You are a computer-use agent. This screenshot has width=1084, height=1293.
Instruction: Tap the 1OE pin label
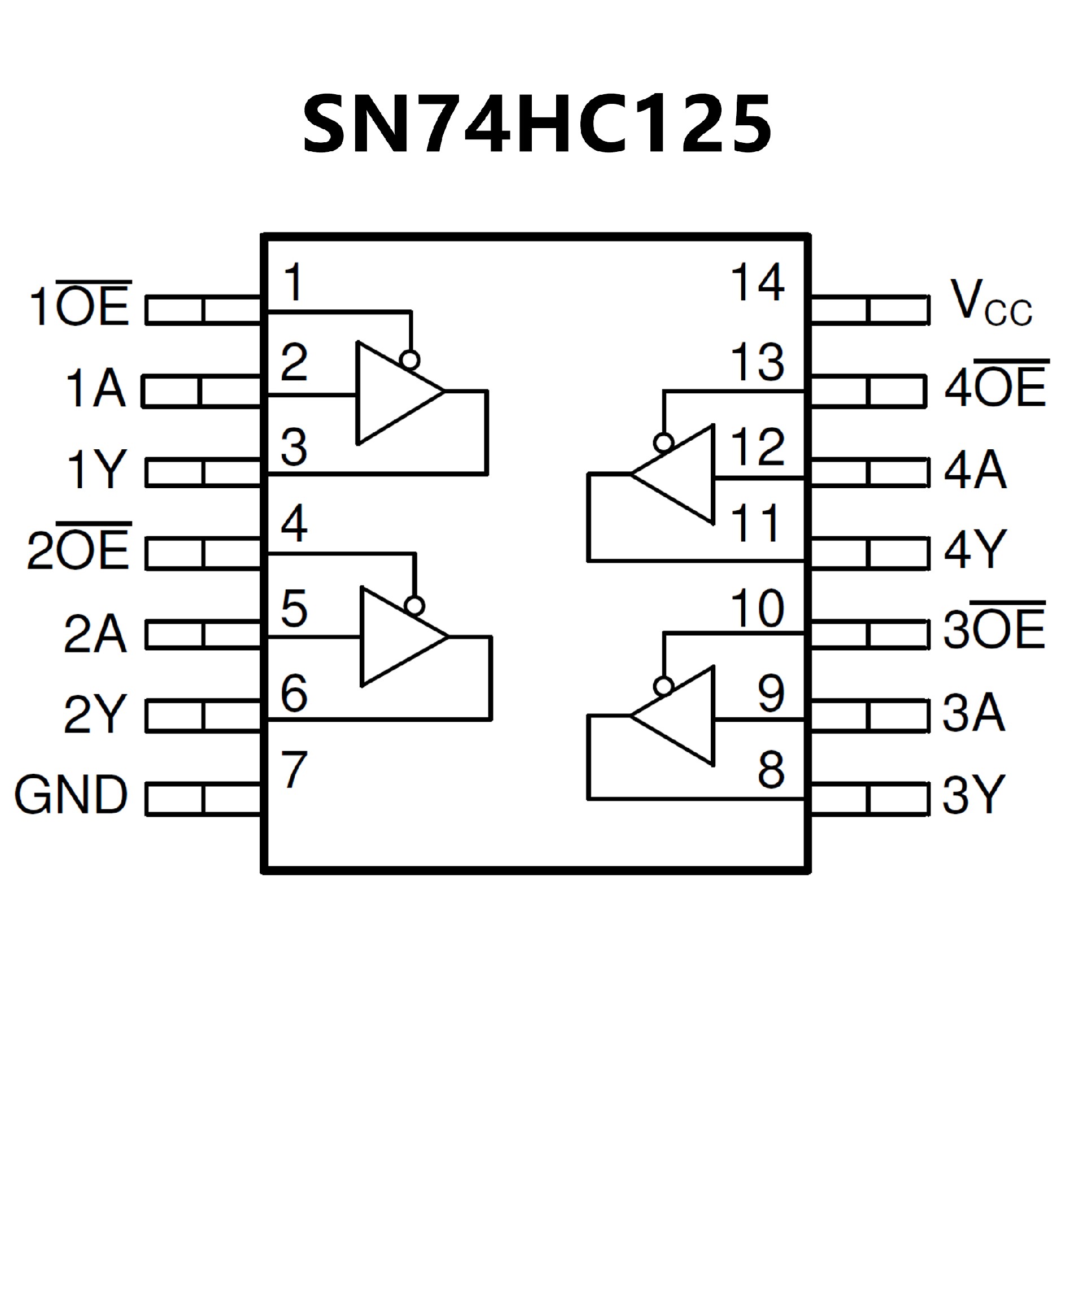80,304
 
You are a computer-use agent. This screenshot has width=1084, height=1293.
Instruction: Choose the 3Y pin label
973,794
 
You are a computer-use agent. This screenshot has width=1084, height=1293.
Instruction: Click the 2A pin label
95,634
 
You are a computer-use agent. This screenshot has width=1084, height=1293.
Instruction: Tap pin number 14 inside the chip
757,283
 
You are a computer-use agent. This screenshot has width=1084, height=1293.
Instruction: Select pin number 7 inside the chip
294,770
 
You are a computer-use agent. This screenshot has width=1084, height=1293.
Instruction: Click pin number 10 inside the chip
757,608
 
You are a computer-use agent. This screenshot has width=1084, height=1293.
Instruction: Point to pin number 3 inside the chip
294,447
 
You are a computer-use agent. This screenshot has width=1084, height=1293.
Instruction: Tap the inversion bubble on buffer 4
663,442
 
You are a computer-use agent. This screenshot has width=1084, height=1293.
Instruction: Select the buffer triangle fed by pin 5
397,636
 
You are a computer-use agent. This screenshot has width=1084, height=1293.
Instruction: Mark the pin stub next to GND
203,799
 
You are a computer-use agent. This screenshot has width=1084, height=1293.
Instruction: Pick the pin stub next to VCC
869,310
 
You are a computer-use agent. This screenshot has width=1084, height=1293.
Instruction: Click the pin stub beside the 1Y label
203,473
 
